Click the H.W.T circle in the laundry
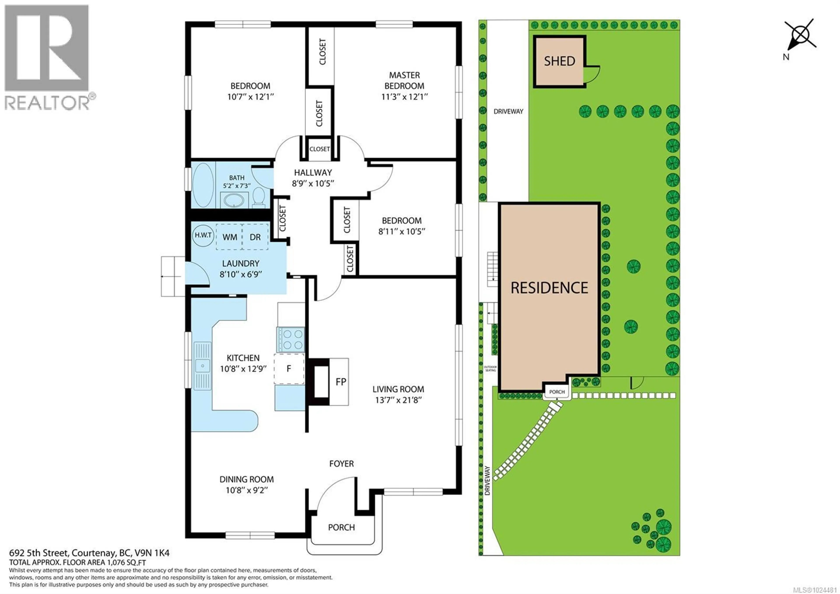coord(203,235)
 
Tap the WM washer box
coord(229,237)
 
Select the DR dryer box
coord(255,237)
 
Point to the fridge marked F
coord(289,368)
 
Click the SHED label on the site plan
coord(559,61)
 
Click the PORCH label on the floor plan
coord(341,527)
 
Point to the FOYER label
coord(341,464)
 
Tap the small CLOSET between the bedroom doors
coord(319,149)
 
